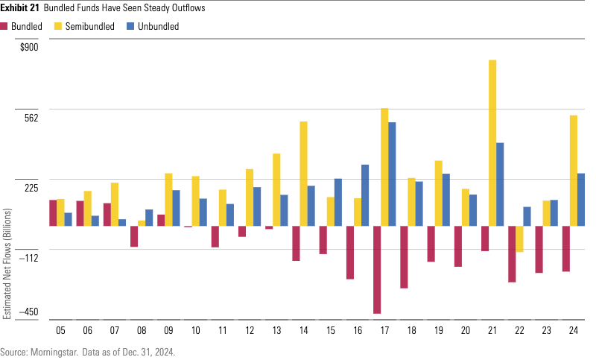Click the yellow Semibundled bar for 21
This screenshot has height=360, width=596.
[x=492, y=142]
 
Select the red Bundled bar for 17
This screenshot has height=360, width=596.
[x=377, y=270]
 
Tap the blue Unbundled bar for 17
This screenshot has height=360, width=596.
[x=392, y=174]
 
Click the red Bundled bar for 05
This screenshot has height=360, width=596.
[x=53, y=212]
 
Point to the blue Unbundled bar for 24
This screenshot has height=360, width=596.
[x=580, y=200]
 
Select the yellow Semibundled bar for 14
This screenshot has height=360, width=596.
[x=304, y=174]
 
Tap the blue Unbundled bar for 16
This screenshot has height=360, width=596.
[x=365, y=195]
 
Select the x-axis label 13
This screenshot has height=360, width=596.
[x=276, y=330]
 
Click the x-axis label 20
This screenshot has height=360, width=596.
[x=466, y=330]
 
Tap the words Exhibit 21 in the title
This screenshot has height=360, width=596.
[x=19, y=8]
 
